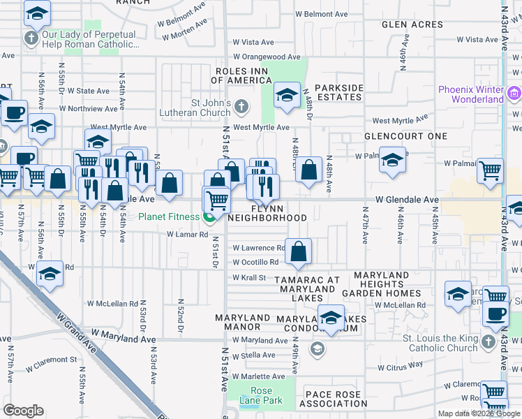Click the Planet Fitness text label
tap(168, 216)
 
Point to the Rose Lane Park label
tap(261, 395)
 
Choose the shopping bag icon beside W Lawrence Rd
tap(298, 252)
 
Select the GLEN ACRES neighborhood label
tap(412, 24)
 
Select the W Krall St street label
tap(249, 277)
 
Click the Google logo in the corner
tap(23, 411)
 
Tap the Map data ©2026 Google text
tap(479, 413)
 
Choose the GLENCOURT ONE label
tap(405, 136)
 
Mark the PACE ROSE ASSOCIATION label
tap(336, 399)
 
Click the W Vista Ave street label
tap(254, 42)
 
